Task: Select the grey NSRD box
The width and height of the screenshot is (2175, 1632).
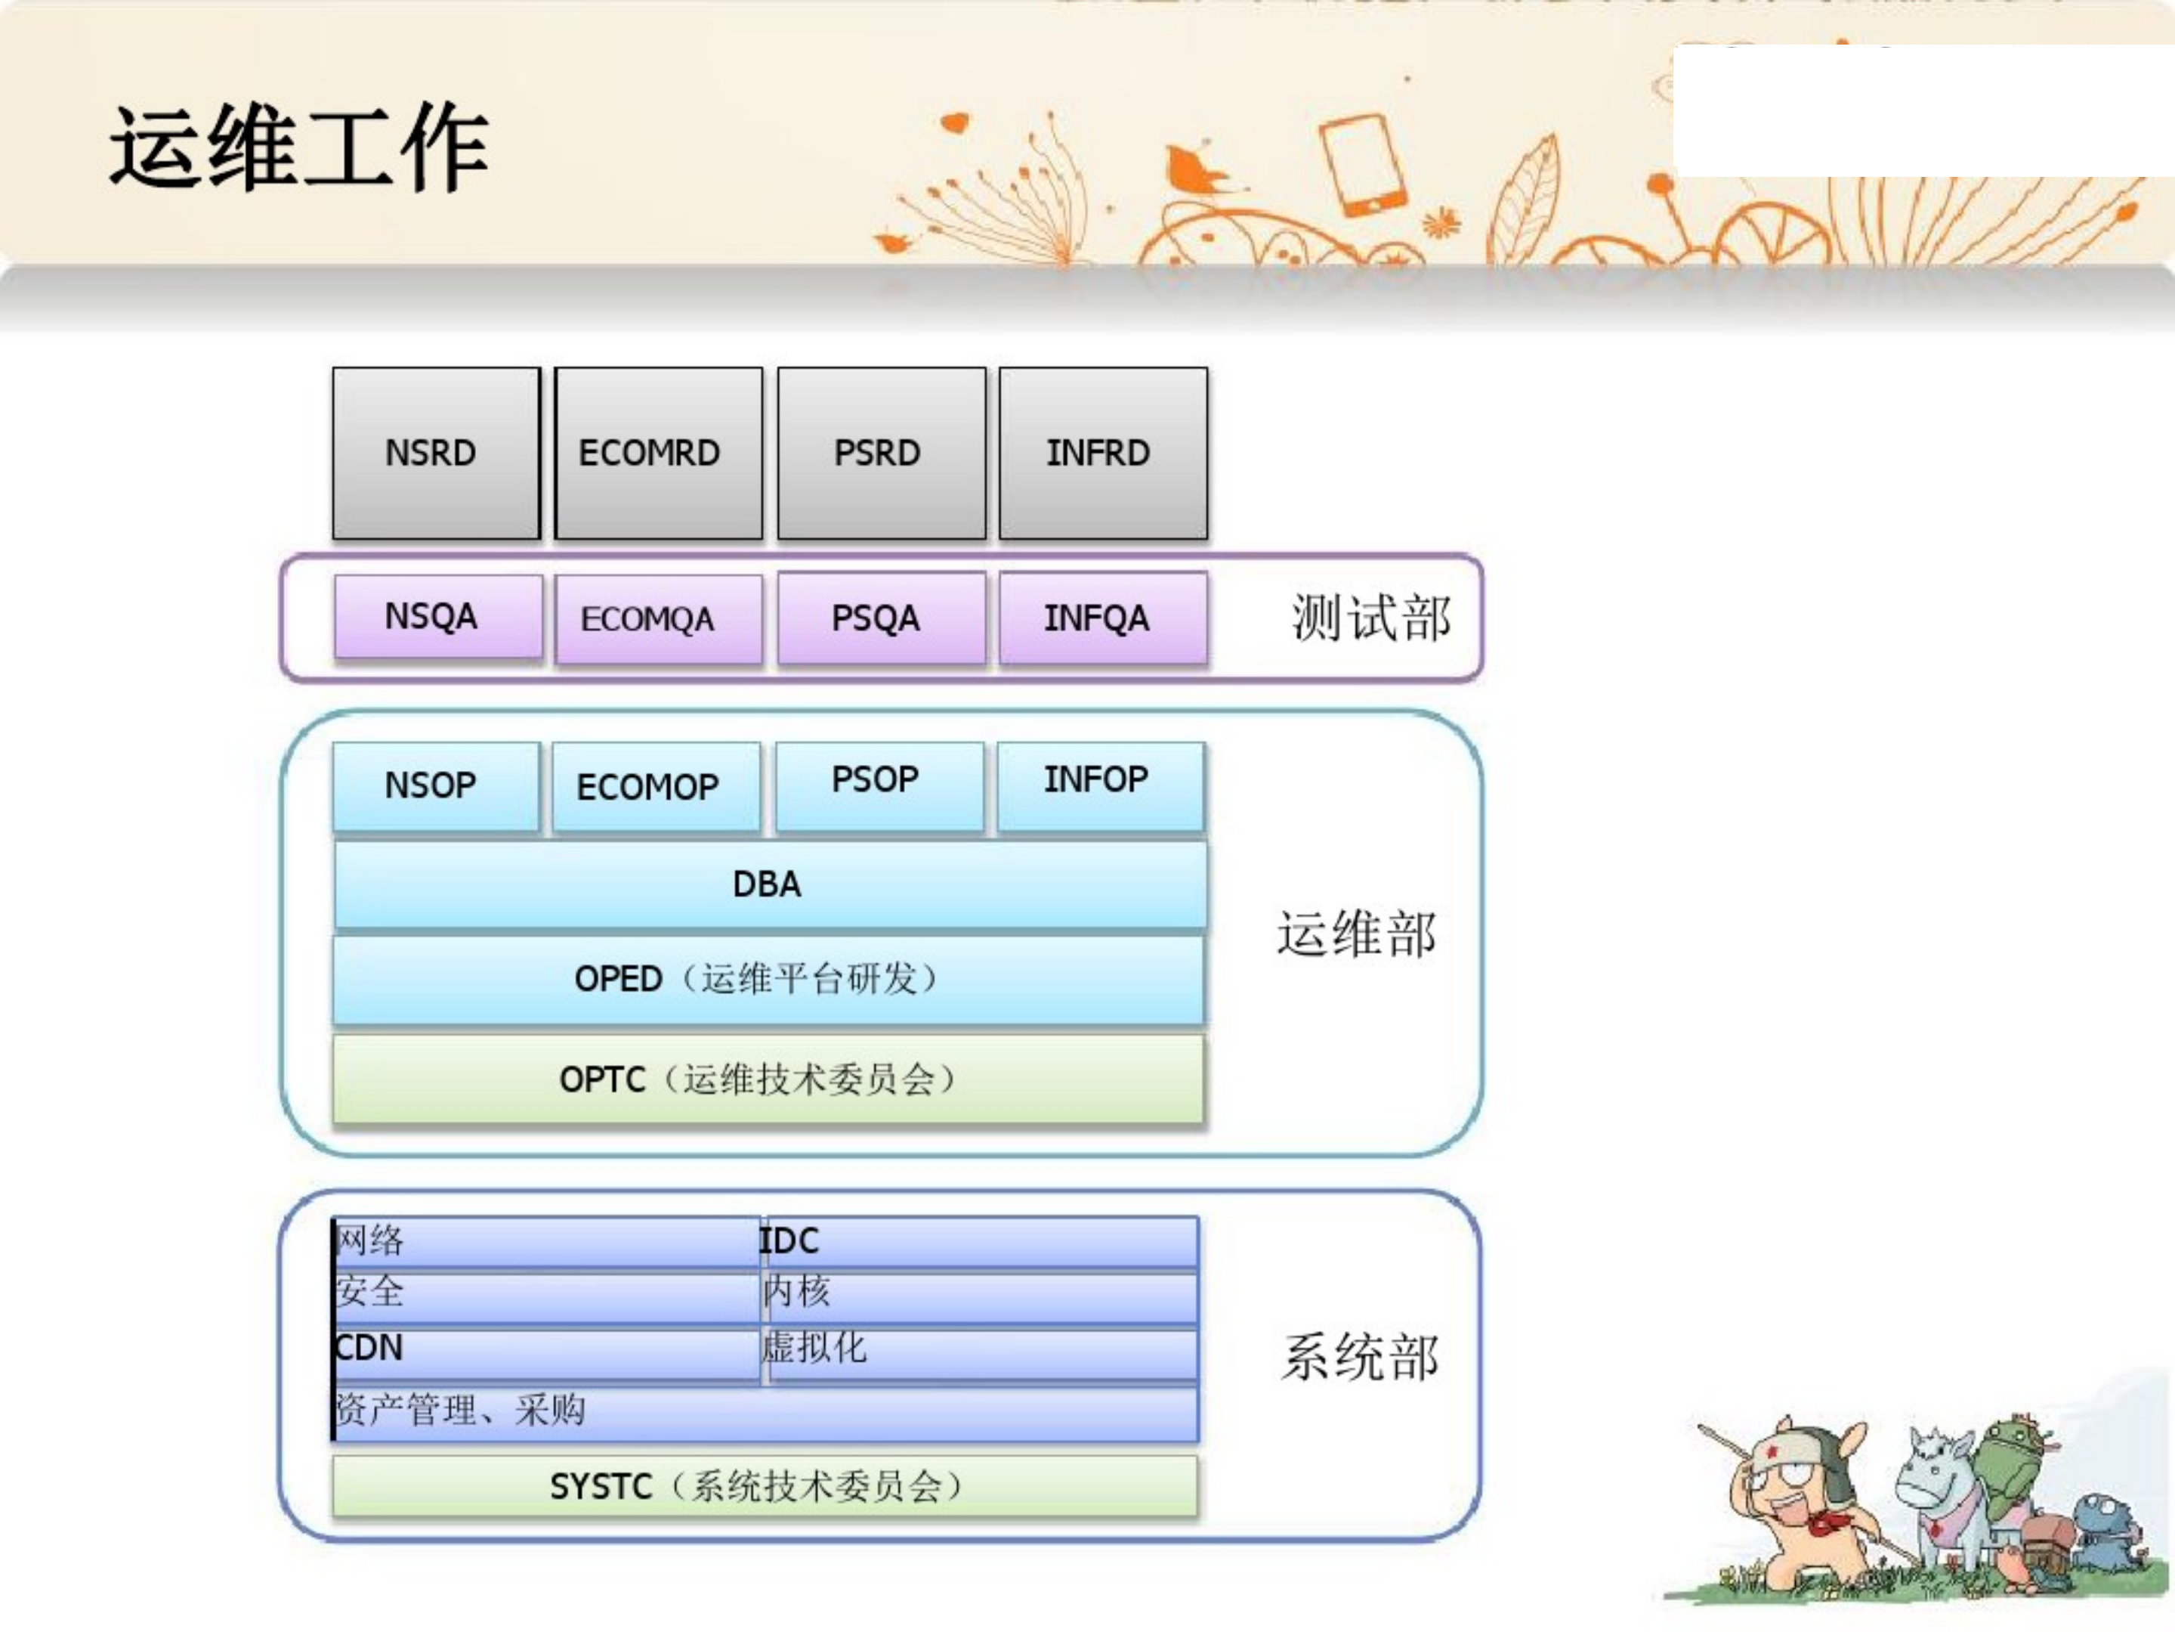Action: [x=436, y=454]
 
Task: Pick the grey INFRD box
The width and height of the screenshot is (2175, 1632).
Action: [x=1102, y=454]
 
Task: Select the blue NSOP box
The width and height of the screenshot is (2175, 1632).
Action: [x=436, y=786]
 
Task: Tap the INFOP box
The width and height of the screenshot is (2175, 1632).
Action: [x=1099, y=784]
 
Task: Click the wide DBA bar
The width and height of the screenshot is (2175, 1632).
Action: [x=769, y=884]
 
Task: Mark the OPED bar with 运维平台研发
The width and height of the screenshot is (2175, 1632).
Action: [x=767, y=980]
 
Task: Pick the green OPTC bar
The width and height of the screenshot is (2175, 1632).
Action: [x=767, y=1079]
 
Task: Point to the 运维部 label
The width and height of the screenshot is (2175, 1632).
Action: [x=1356, y=934]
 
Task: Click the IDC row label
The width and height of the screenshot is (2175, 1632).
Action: [x=790, y=1241]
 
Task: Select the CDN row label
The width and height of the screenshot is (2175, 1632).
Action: [x=371, y=1348]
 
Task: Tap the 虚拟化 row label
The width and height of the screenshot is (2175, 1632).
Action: [x=815, y=1348]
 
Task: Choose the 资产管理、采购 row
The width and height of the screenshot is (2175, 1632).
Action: [x=462, y=1411]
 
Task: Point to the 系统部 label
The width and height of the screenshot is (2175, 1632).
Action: [x=1359, y=1358]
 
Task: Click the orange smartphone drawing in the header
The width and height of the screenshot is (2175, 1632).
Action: [x=1363, y=166]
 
